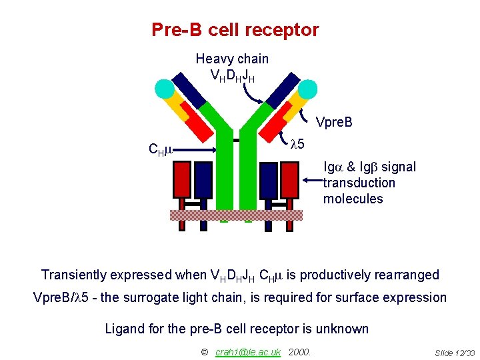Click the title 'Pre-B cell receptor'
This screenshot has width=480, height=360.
pos(235,30)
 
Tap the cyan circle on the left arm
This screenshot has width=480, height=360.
pos(164,88)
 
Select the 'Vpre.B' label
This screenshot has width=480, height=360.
pos(333,122)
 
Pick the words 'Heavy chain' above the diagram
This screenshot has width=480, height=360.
pos(232,59)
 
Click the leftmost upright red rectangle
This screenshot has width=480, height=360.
pos(182,180)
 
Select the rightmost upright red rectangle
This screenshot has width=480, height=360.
pos(289,180)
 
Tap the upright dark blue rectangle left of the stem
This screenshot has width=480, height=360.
pos(203,180)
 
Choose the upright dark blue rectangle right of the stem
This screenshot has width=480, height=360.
pos(268,180)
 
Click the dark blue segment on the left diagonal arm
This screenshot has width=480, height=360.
pos(189,89)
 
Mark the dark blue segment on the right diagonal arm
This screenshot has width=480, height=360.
pos(283,89)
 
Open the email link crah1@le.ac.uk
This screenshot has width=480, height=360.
pos(248,352)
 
